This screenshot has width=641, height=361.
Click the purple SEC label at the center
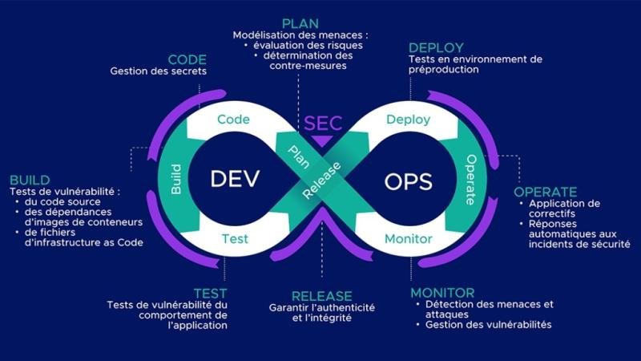pyautogui.click(x=322, y=124)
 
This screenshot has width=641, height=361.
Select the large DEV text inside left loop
pyautogui.click(x=235, y=178)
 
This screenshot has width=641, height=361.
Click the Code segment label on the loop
pyautogui.click(x=234, y=119)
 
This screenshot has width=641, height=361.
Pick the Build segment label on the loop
pyautogui.click(x=176, y=178)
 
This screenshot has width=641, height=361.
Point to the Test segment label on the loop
pyautogui.click(x=234, y=238)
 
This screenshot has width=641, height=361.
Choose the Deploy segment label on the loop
pyautogui.click(x=408, y=120)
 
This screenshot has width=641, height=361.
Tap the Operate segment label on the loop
pyautogui.click(x=471, y=180)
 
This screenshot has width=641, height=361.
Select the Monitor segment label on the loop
pyautogui.click(x=408, y=238)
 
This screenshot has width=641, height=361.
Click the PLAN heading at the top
pyautogui.click(x=300, y=23)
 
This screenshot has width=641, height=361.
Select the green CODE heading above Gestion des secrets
pyautogui.click(x=187, y=60)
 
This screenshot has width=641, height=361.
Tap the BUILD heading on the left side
pyautogui.click(x=30, y=180)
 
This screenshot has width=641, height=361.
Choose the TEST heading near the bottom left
pyautogui.click(x=210, y=293)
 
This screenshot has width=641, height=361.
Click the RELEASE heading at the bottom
pyautogui.click(x=322, y=296)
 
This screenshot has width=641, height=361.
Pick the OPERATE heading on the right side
pyautogui.click(x=545, y=192)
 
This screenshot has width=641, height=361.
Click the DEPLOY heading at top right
pyautogui.click(x=435, y=47)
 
